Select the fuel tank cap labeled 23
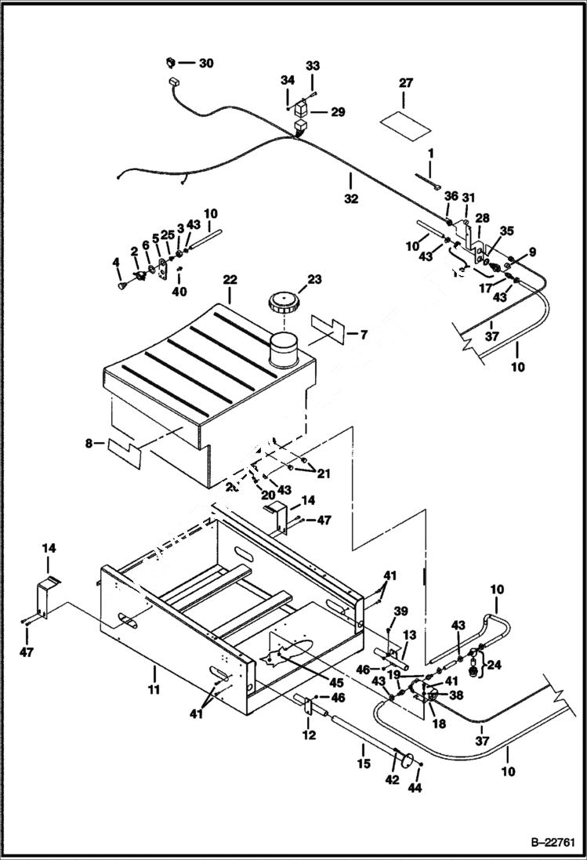281,303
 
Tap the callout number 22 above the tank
230,280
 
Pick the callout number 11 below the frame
154,689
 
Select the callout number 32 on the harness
350,199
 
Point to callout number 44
415,788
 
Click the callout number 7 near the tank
363,335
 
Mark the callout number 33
313,67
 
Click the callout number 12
310,735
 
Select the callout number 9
532,252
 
